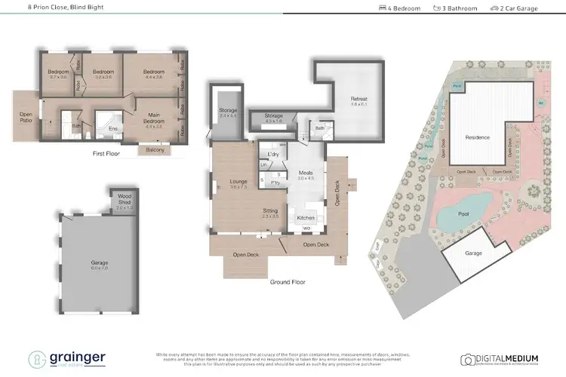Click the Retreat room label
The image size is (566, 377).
(358, 99)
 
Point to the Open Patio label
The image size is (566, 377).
(26, 118)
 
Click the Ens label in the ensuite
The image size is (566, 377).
(113, 129)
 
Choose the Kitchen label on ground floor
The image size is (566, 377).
(305, 218)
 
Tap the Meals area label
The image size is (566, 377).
(306, 173)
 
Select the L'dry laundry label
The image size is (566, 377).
(273, 154)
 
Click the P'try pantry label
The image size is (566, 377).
(276, 182)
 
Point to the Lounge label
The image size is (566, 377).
(229, 181)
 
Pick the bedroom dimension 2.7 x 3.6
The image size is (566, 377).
(59, 77)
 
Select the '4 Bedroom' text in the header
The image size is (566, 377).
(400, 8)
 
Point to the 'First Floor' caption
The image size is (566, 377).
(106, 152)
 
